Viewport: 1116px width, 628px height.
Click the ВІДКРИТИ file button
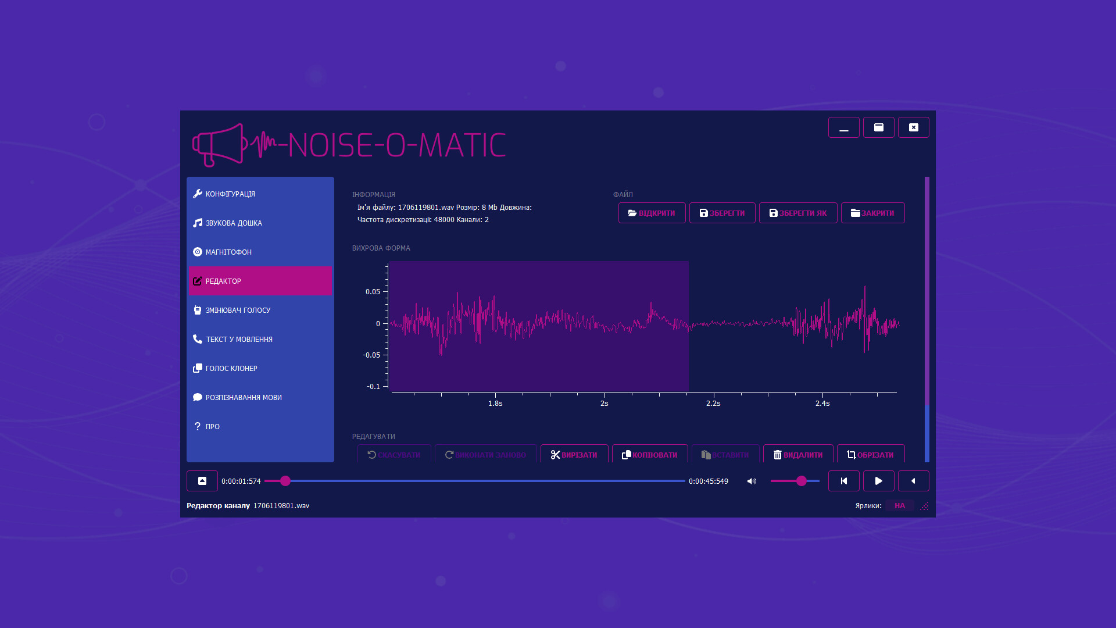652,213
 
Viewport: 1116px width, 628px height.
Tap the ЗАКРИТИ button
872,213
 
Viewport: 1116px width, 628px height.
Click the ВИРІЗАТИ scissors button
574,454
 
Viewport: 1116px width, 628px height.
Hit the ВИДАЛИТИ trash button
797,454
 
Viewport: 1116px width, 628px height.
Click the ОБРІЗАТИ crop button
870,454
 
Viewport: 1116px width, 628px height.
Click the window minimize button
843,127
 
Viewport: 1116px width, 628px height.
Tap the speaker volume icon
752,481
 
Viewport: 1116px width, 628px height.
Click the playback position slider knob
285,481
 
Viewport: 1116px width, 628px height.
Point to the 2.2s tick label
713,403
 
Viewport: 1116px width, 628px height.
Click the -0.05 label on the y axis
371,355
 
